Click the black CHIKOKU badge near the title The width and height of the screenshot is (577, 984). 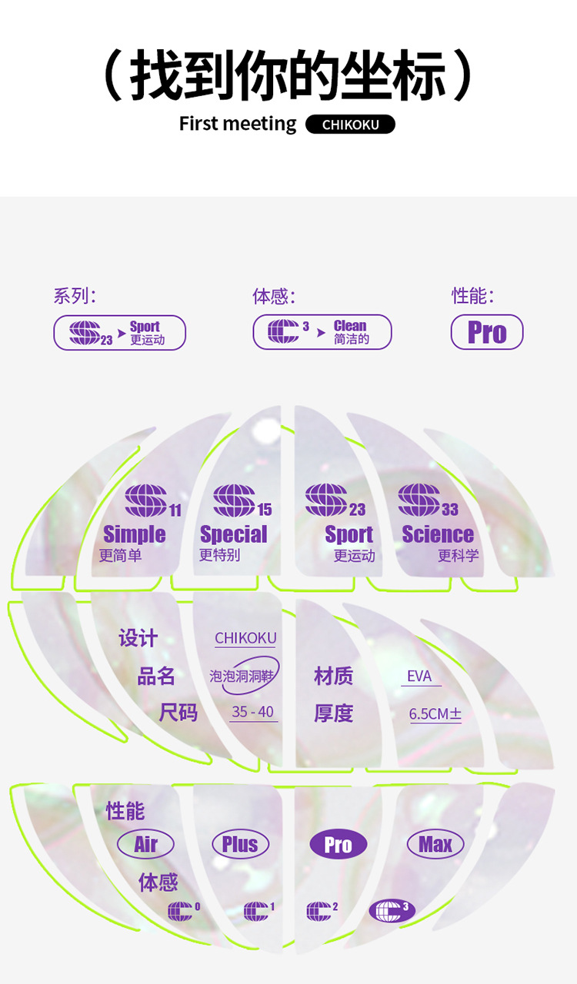pyautogui.click(x=350, y=125)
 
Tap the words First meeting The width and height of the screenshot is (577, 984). pyautogui.click(x=237, y=124)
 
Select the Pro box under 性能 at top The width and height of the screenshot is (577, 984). pyautogui.click(x=487, y=333)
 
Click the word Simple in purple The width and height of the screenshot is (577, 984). pyautogui.click(x=135, y=534)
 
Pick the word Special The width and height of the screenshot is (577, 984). pyautogui.click(x=233, y=534)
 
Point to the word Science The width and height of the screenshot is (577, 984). pyautogui.click(x=438, y=534)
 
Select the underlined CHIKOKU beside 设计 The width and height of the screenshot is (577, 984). pyautogui.click(x=245, y=638)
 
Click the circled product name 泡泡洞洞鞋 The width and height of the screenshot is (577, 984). pyautogui.click(x=244, y=676)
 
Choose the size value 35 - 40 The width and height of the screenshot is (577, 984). pyautogui.click(x=253, y=712)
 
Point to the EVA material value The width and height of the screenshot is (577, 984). pyautogui.click(x=420, y=676)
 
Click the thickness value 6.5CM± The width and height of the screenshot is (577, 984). pyautogui.click(x=435, y=714)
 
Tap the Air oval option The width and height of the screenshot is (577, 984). pyautogui.click(x=145, y=844)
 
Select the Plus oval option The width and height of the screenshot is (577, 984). pyautogui.click(x=240, y=844)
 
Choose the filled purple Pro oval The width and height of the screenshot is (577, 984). pyautogui.click(x=339, y=845)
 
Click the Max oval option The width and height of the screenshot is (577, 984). pyautogui.click(x=435, y=844)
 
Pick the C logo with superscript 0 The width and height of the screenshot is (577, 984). pyautogui.click(x=182, y=911)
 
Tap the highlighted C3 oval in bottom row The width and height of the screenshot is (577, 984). pyautogui.click(x=392, y=911)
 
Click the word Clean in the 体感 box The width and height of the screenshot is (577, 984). pyautogui.click(x=350, y=326)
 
